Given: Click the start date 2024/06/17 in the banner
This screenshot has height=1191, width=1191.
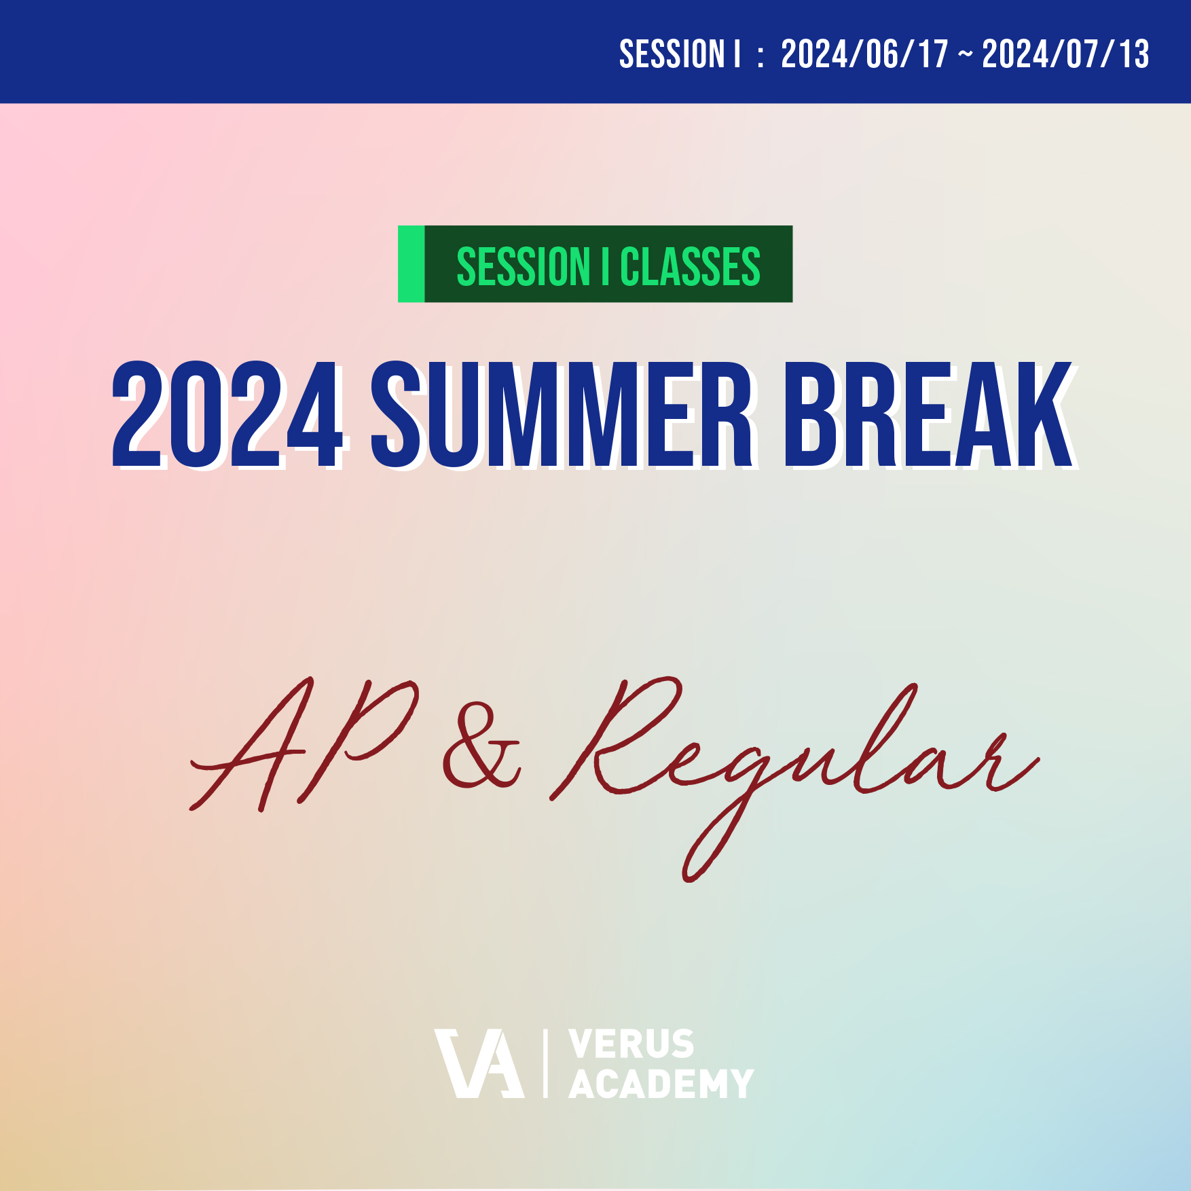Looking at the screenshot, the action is click(864, 54).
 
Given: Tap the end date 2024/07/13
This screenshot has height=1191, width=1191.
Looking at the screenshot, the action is click(1065, 54).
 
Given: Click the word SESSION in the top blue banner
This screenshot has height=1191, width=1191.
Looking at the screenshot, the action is click(672, 54).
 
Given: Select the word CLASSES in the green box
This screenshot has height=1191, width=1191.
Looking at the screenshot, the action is click(690, 267).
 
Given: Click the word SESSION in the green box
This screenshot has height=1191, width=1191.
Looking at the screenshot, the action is click(524, 267).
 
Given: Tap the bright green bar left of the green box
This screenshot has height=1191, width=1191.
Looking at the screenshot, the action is click(411, 264).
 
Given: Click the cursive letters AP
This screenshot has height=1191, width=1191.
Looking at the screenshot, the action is click(304, 744).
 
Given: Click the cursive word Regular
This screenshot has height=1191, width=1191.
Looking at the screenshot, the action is click(794, 777).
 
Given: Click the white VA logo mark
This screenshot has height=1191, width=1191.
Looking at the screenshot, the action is click(479, 1063).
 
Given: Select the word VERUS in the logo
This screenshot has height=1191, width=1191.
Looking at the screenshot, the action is click(631, 1044).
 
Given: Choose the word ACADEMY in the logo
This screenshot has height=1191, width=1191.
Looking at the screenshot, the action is click(661, 1084).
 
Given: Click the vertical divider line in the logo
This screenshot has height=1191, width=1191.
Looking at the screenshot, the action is click(546, 1063).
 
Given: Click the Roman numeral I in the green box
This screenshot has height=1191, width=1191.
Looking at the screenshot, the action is click(605, 267).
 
